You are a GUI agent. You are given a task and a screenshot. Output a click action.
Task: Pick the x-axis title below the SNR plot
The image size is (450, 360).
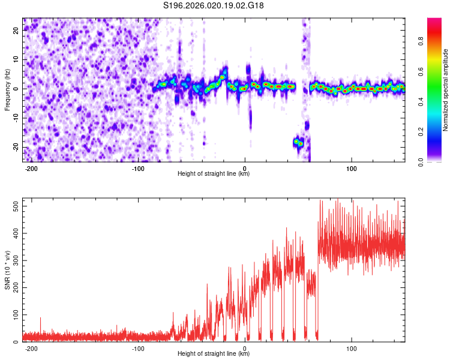pyautogui.click(x=214, y=354)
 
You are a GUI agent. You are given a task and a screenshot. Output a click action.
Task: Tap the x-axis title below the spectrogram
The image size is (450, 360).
pyautogui.click(x=214, y=174)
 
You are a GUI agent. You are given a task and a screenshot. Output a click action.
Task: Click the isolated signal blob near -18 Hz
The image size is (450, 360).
pyautogui.click(x=298, y=142)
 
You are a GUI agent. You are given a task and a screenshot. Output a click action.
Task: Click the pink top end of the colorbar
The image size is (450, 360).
pyautogui.click(x=434, y=21)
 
